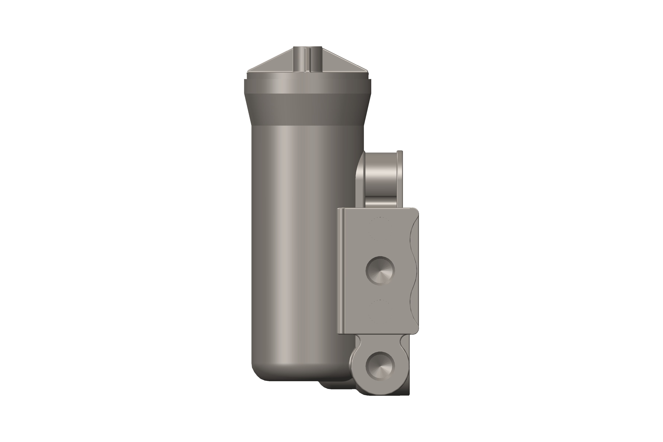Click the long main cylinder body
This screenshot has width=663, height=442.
[x=299, y=240]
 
